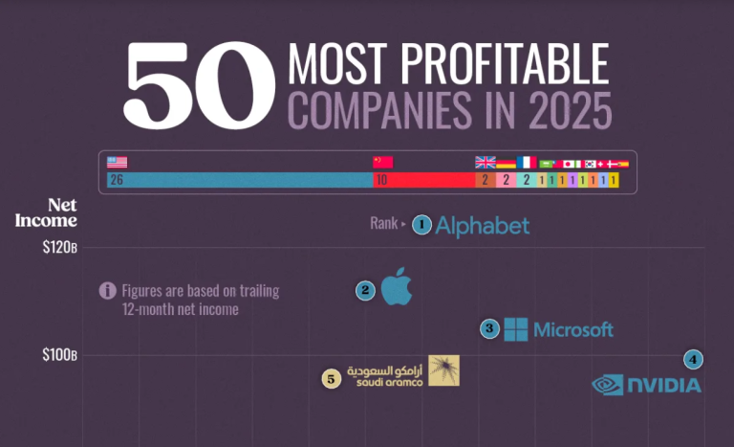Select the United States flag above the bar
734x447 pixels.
pos(118,162)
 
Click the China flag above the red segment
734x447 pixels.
pos(382,162)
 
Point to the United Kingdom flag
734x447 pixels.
pos(486,163)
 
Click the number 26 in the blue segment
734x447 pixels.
pos(117,180)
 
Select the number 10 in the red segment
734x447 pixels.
pos(381,180)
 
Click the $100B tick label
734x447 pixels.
pos(59,356)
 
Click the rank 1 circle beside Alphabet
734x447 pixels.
pos(422,225)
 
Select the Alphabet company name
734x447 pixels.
pos(482,226)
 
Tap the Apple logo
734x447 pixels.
pos(397,286)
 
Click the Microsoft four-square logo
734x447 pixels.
pos(516,329)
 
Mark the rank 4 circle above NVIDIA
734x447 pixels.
pos(694,360)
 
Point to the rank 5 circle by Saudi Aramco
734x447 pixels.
pos(331,378)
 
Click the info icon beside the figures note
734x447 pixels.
pos(108,291)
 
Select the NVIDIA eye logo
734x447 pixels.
pos(608,385)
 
